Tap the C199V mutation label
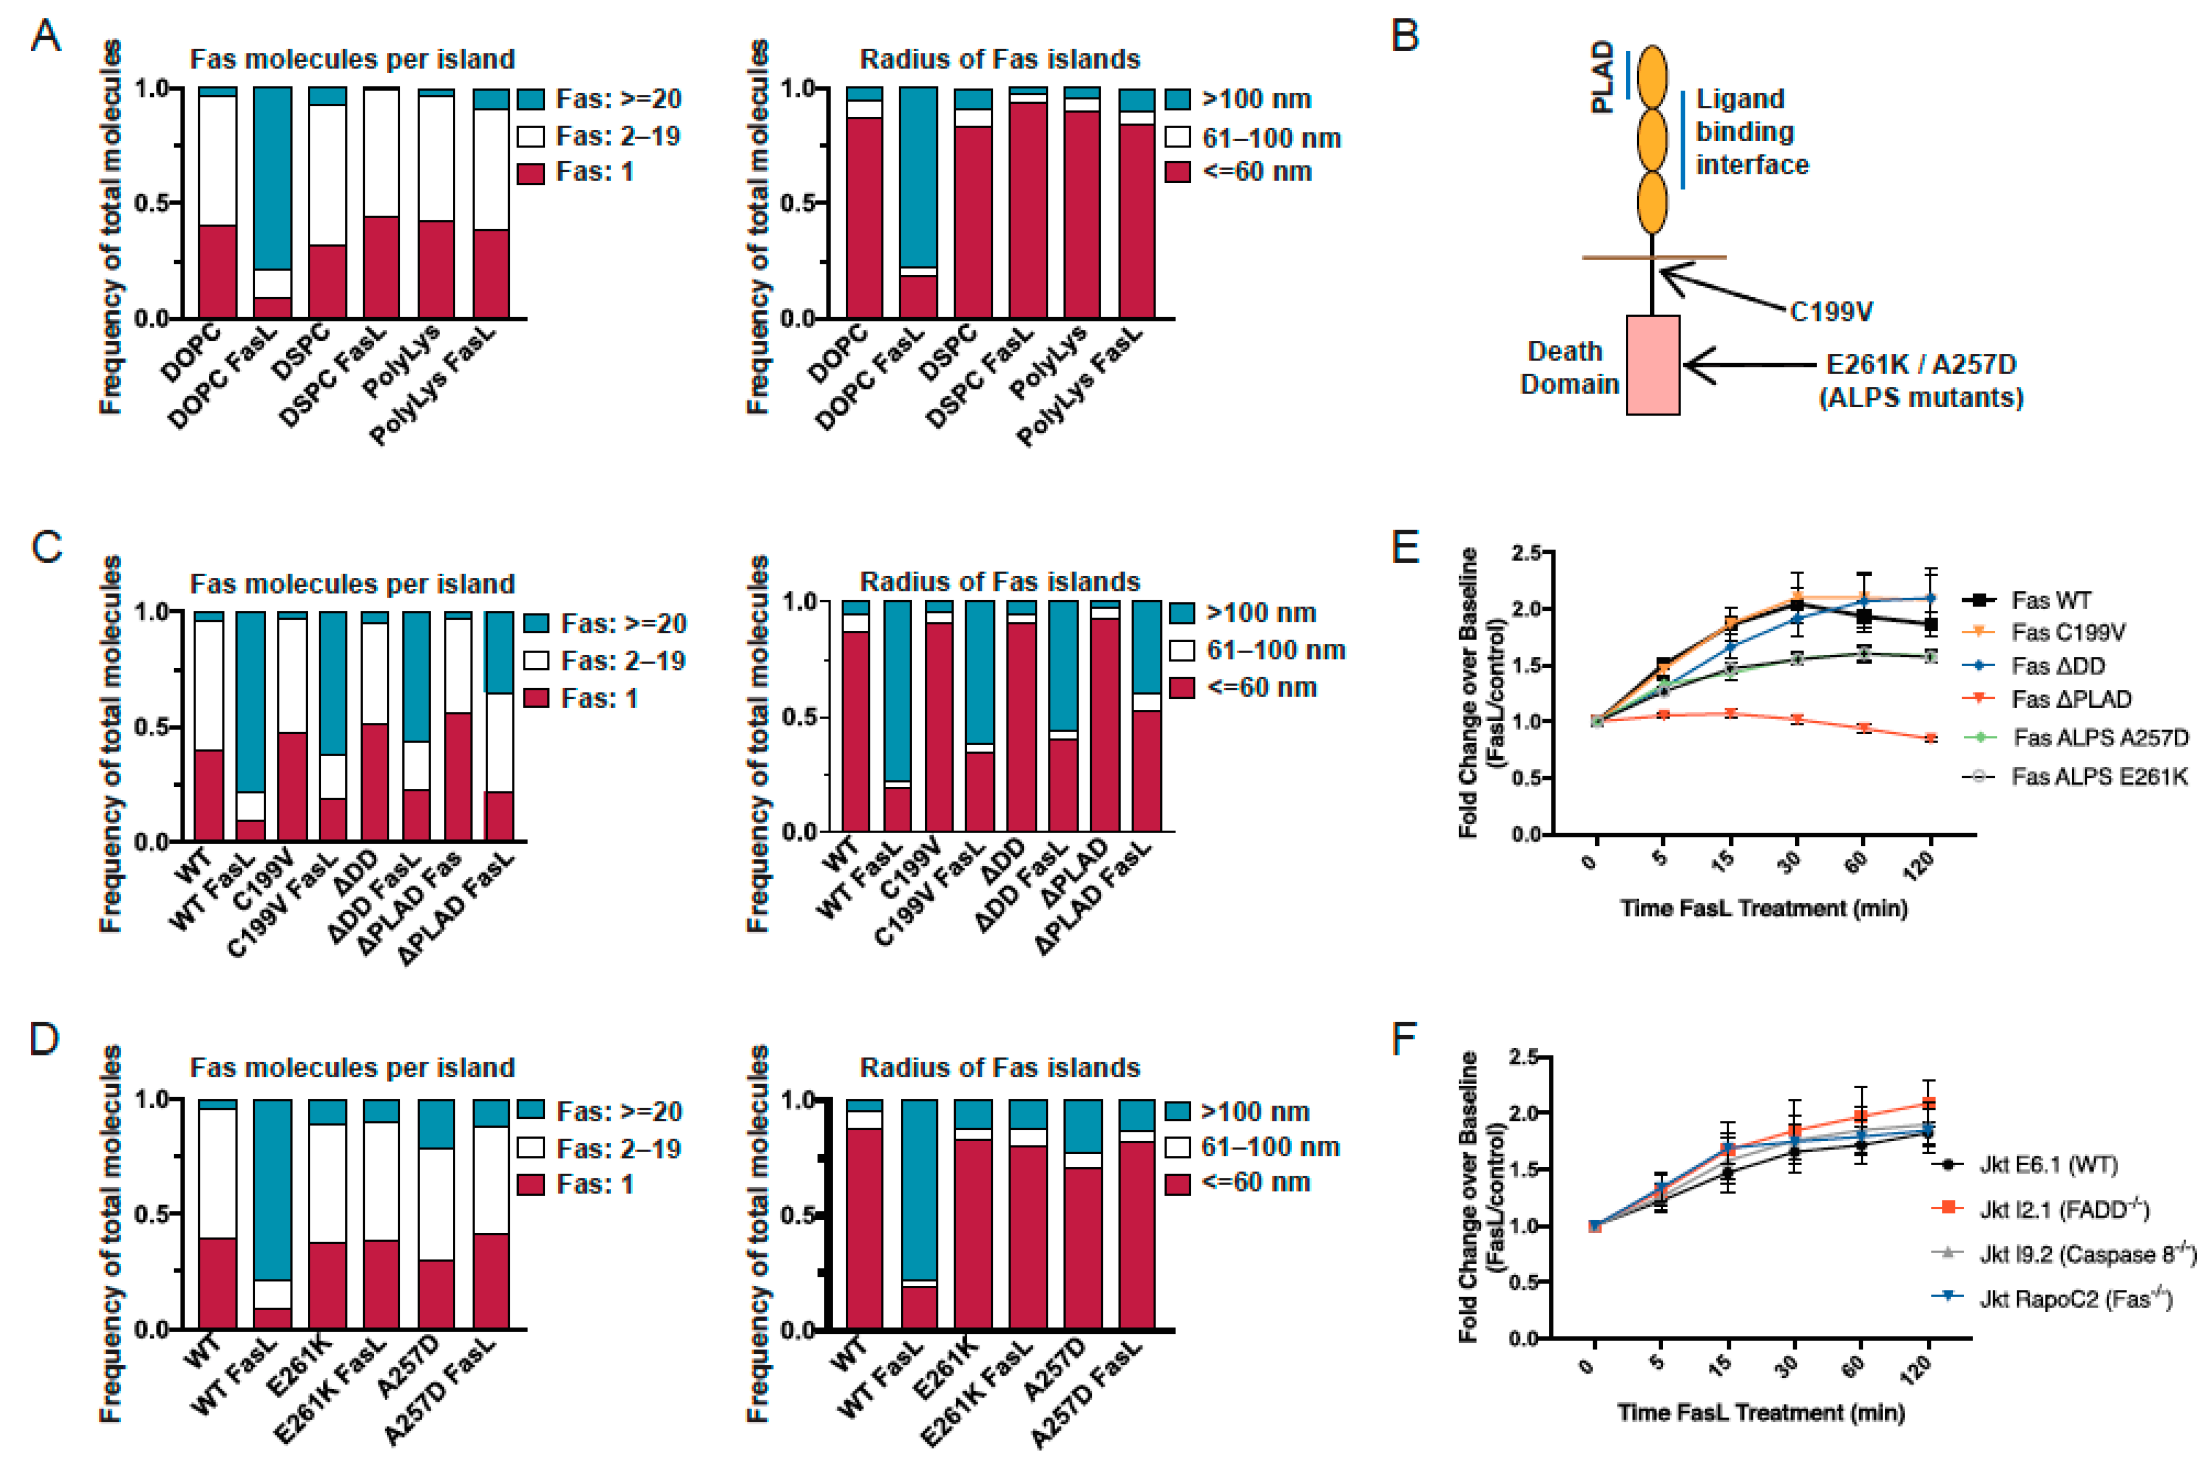[1830, 311]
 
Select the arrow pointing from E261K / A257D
[1750, 365]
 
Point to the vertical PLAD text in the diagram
[1602, 77]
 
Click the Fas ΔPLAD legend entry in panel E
[2070, 699]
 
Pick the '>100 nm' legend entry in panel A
[1256, 99]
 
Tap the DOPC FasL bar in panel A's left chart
[272, 202]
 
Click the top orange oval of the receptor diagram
[1652, 76]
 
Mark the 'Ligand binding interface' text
[1751, 132]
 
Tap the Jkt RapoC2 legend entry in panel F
[2074, 1299]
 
